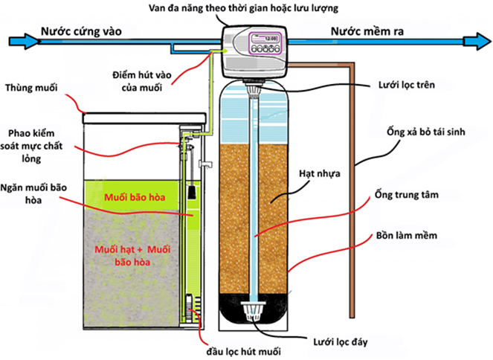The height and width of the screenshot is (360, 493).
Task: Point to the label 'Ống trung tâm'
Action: pyautogui.click(x=413, y=196)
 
